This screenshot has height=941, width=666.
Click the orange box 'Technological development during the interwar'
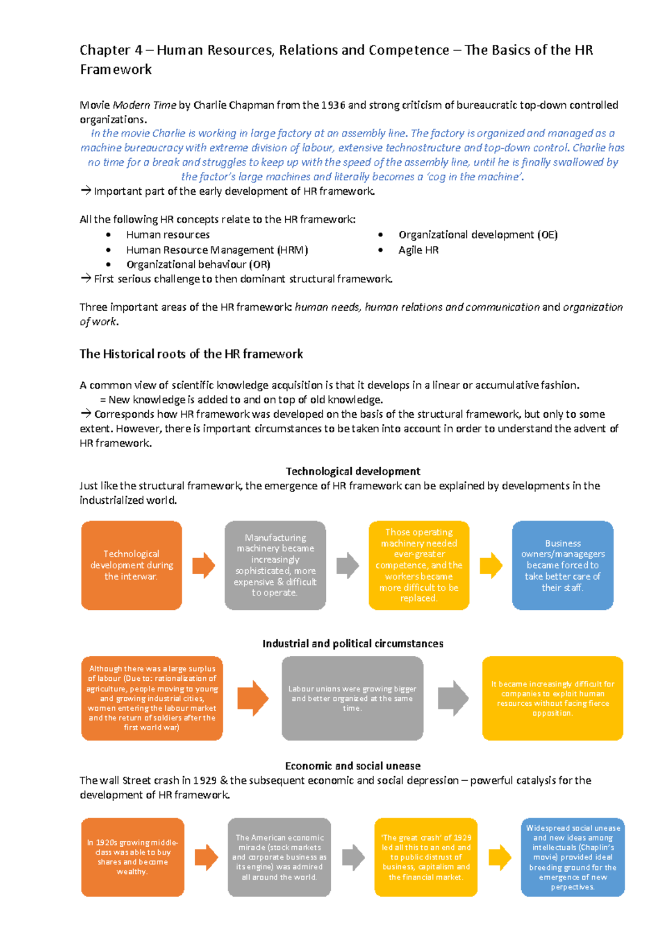[x=132, y=565]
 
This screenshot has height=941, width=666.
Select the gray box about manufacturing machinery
[x=275, y=565]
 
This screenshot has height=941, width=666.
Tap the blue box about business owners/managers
[x=562, y=565]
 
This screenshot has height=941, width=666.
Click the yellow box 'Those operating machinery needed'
[x=419, y=565]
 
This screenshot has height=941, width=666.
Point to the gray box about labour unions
[x=352, y=698]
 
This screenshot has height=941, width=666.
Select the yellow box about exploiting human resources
[x=552, y=698]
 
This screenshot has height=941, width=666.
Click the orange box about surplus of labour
[x=152, y=698]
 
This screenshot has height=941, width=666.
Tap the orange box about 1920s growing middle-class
[x=132, y=857]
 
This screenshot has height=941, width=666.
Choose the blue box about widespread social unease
[x=572, y=857]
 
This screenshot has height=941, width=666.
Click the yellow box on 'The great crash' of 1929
[x=426, y=857]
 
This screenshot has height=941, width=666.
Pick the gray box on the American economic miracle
[x=279, y=857]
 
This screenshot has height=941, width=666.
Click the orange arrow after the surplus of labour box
[x=253, y=698]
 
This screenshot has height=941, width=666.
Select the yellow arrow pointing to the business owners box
[x=491, y=565]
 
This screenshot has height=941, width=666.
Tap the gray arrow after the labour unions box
[x=453, y=698]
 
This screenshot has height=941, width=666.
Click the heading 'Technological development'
[x=352, y=471]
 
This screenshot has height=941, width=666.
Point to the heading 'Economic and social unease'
[x=352, y=766]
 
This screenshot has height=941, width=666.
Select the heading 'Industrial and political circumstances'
[x=352, y=643]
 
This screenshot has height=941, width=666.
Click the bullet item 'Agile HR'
[x=418, y=250]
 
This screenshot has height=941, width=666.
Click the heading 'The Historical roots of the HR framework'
[x=191, y=354]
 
